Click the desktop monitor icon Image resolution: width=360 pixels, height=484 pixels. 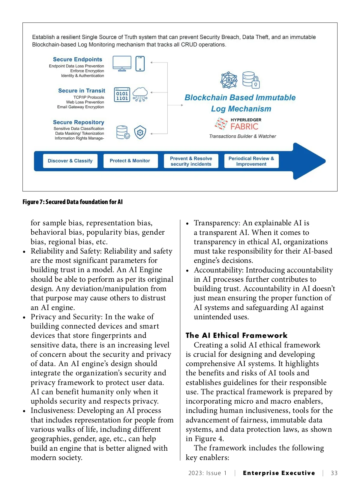click(x=122, y=63)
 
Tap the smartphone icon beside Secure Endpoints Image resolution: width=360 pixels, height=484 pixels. click(x=140, y=64)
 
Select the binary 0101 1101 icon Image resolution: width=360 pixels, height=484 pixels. click(x=122, y=95)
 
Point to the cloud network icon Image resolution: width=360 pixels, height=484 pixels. click(x=140, y=95)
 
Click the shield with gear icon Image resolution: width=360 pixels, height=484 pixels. click(x=140, y=132)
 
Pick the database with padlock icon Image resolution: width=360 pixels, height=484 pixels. click(x=251, y=80)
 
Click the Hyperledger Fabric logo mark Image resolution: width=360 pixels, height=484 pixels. click(x=221, y=124)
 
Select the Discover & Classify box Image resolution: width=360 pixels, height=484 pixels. click(x=70, y=161)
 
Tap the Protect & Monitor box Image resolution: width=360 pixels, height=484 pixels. click(x=130, y=161)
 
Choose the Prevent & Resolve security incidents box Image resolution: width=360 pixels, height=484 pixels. click(x=191, y=161)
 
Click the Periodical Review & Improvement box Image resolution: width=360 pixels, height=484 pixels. click(x=251, y=161)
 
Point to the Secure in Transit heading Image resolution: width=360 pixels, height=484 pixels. click(x=82, y=91)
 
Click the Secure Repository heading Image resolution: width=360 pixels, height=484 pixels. click(x=79, y=122)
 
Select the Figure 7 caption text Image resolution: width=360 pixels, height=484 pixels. click(x=73, y=202)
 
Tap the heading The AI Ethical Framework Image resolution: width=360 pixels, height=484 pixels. click(x=236, y=335)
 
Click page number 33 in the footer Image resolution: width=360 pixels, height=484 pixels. click(x=334, y=473)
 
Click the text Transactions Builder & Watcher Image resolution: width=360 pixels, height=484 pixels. click(x=242, y=136)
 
